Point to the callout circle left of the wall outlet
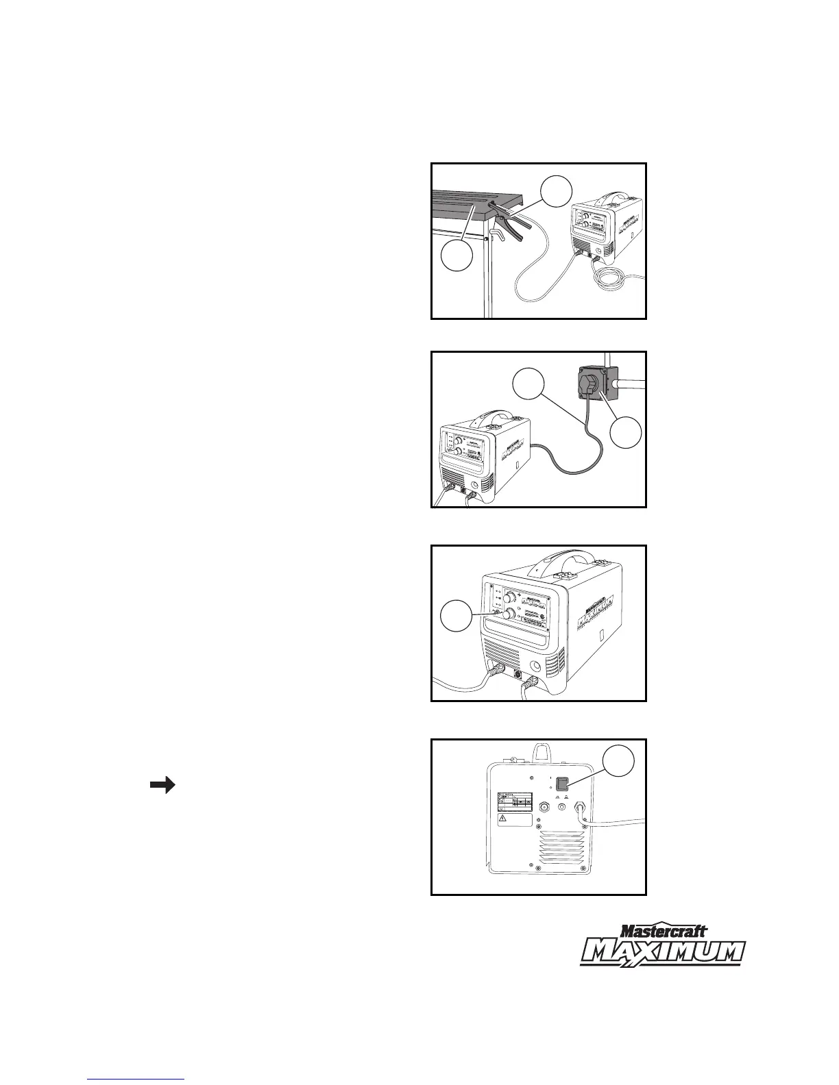pyautogui.click(x=528, y=384)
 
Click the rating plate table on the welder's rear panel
pyautogui.click(x=513, y=802)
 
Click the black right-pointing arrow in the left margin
pyautogui.click(x=162, y=786)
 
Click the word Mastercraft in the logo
pyautogui.click(x=663, y=931)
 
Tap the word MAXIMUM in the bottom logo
pyautogui.click(x=663, y=952)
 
